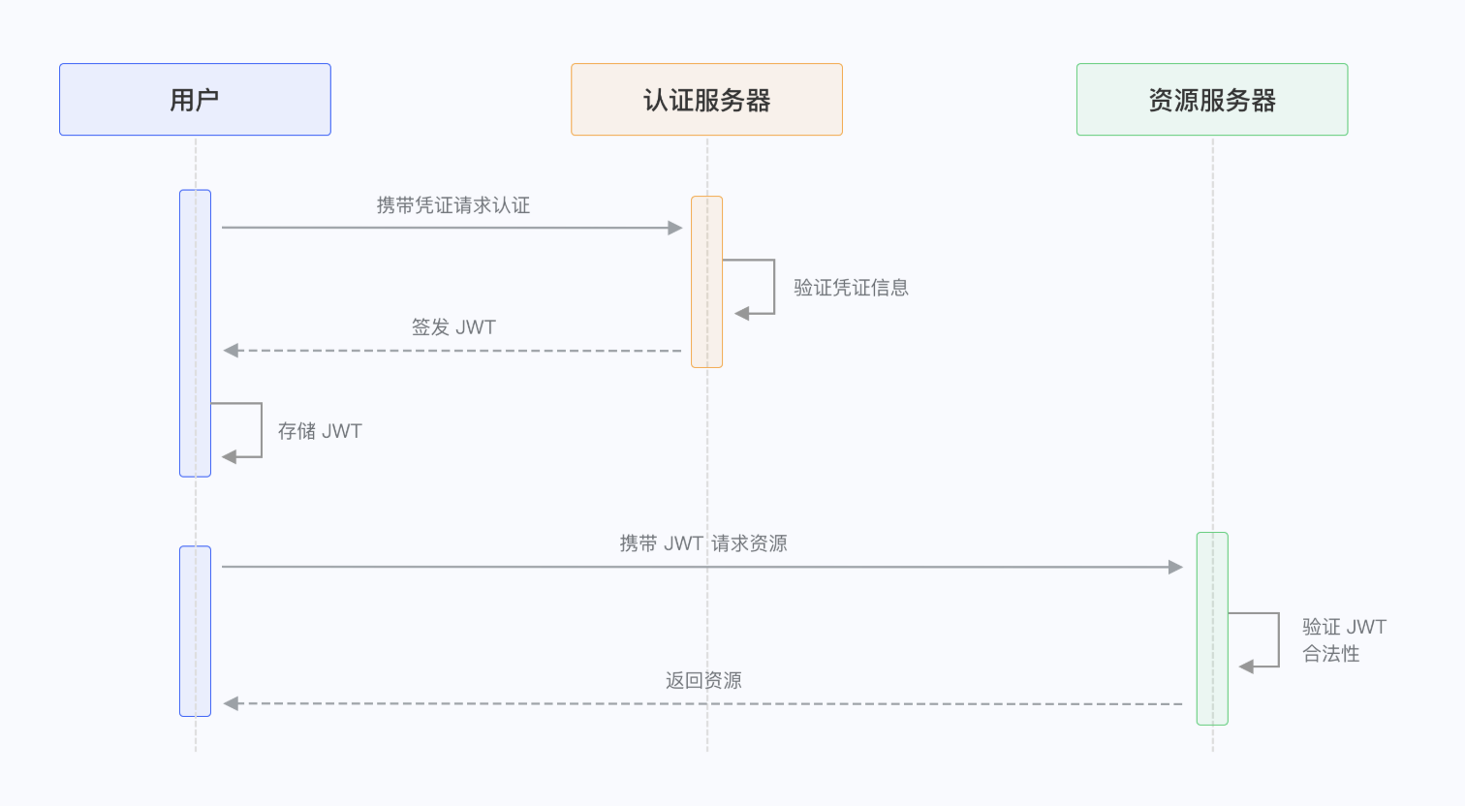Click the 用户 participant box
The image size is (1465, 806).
(x=195, y=100)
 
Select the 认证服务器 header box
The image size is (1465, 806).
(x=706, y=100)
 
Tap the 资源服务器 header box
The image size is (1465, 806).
(x=1211, y=100)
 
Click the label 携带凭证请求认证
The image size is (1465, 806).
(x=452, y=205)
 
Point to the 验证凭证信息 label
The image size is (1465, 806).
(x=851, y=288)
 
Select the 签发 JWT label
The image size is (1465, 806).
(x=452, y=327)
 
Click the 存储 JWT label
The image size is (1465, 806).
(x=320, y=431)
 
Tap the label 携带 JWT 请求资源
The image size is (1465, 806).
(x=703, y=543)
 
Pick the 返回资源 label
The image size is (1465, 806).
(x=703, y=681)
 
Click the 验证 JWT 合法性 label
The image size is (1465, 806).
(x=1343, y=640)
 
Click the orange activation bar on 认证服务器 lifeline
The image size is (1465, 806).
(x=706, y=282)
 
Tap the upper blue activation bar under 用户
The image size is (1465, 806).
(x=195, y=333)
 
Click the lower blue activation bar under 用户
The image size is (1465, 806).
(x=195, y=631)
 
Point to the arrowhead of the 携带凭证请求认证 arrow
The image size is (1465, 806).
(x=675, y=228)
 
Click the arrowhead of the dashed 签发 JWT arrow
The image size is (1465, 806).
(x=231, y=351)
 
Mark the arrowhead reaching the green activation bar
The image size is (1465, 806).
(x=1175, y=567)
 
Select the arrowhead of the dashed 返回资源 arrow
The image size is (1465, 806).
(x=231, y=703)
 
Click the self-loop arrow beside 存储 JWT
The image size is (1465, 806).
(x=260, y=430)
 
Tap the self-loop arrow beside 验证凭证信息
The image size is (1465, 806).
(x=773, y=287)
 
